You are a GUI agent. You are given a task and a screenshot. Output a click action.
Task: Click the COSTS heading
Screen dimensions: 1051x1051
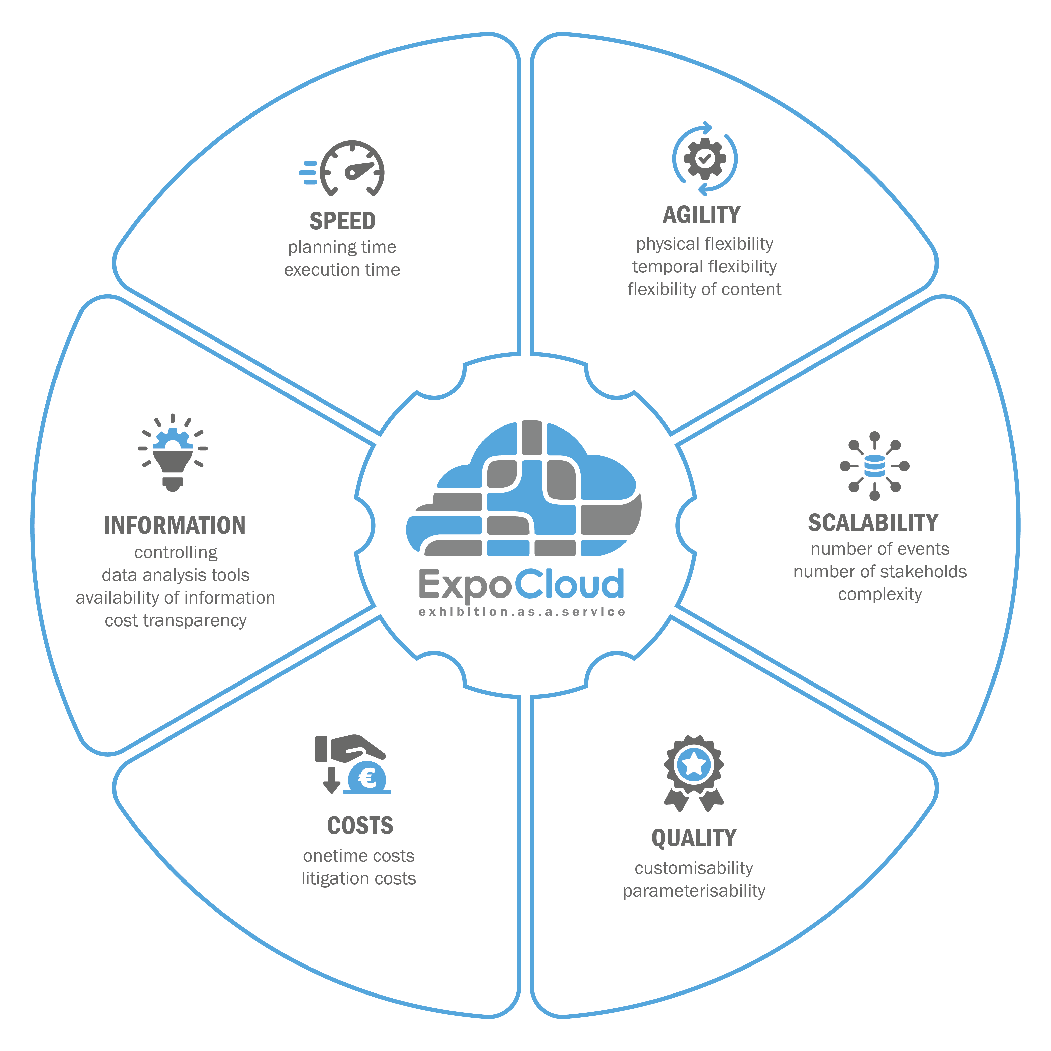[x=360, y=826]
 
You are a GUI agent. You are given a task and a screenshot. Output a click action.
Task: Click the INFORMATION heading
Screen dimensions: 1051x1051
[x=175, y=526]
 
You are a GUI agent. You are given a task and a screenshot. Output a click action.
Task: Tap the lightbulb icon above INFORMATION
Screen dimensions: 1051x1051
[x=173, y=456]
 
